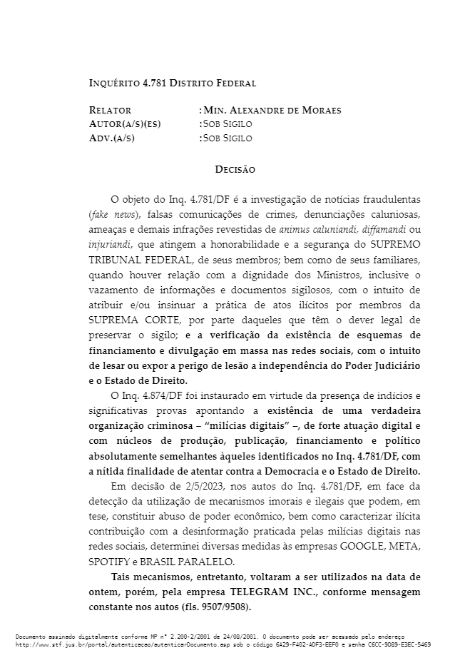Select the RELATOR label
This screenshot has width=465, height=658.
point(110,111)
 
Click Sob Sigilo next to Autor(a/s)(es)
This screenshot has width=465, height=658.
point(228,124)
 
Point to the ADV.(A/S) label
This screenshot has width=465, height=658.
point(111,138)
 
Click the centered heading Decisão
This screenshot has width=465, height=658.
point(235,169)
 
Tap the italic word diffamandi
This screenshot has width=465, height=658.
point(379,229)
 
